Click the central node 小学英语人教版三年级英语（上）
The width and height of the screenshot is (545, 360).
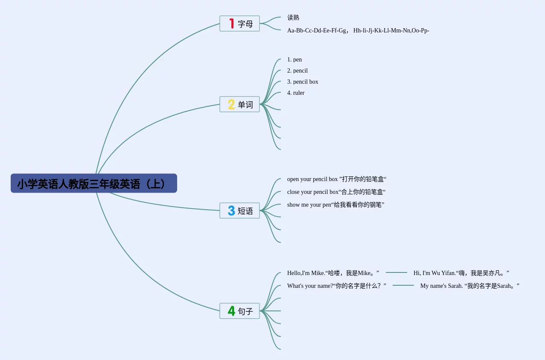[93, 184]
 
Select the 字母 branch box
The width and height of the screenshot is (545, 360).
[239, 24]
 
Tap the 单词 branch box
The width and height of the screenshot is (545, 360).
[239, 105]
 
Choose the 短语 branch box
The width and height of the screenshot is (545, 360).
[239, 211]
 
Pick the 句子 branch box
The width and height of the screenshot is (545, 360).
[239, 311]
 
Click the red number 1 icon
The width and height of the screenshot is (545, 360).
[232, 23]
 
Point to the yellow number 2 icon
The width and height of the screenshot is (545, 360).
[231, 105]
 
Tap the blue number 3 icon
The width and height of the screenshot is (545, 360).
[231, 211]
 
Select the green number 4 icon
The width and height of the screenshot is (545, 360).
[231, 311]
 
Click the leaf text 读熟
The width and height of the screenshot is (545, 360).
[293, 18]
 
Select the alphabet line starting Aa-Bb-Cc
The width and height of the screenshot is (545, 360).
[358, 30]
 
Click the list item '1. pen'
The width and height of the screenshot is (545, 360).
[294, 59]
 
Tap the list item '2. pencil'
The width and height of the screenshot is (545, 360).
[297, 70]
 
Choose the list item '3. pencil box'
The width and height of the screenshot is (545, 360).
[303, 82]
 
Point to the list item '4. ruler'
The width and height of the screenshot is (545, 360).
[296, 93]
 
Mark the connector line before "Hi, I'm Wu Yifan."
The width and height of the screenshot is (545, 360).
[396, 272]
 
